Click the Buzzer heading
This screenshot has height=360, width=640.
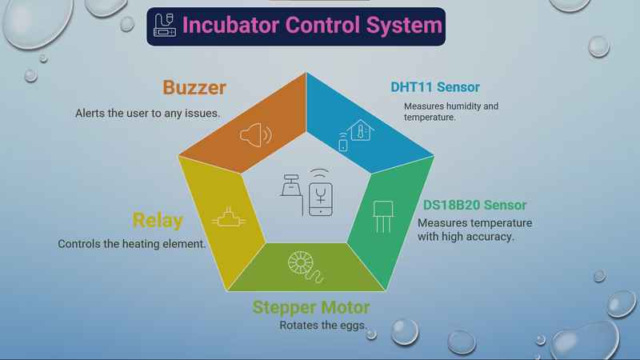click(194, 88)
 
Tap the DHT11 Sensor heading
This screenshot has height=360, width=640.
click(435, 87)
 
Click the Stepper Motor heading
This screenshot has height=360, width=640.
click(311, 307)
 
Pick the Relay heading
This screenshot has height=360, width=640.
click(158, 220)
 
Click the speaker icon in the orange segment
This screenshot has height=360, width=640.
click(256, 133)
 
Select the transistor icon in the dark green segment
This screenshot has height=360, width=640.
click(382, 216)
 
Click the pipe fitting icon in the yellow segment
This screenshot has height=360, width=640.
click(229, 217)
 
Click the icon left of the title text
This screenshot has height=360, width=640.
click(164, 26)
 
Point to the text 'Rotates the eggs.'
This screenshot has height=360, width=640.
click(323, 326)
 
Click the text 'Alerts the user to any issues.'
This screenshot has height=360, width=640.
click(148, 114)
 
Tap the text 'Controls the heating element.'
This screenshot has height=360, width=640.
click(132, 244)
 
